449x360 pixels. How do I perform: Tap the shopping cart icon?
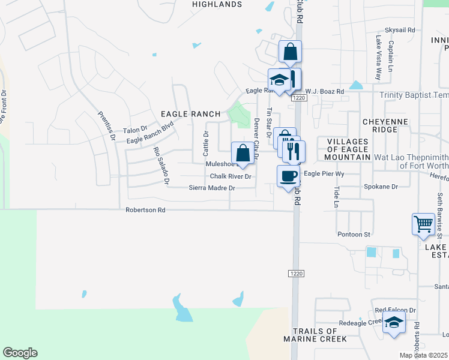[x=423, y=224]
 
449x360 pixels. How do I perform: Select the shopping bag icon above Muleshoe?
[x=243, y=152]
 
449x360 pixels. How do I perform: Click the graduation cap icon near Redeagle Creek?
[x=394, y=323]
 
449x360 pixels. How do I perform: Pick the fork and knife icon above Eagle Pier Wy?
[x=294, y=151]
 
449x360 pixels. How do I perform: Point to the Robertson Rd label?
[x=145, y=211]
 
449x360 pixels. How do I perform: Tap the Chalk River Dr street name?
[x=231, y=176]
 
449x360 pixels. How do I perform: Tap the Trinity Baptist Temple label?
[x=414, y=95]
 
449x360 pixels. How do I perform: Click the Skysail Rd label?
[x=400, y=29]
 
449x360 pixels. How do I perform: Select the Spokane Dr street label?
[x=381, y=187]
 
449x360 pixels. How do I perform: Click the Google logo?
[x=20, y=353]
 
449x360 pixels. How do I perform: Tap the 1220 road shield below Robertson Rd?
[x=296, y=274]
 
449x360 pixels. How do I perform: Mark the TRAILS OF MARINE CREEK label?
[x=319, y=335]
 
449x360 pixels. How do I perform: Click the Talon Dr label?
[x=135, y=130]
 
